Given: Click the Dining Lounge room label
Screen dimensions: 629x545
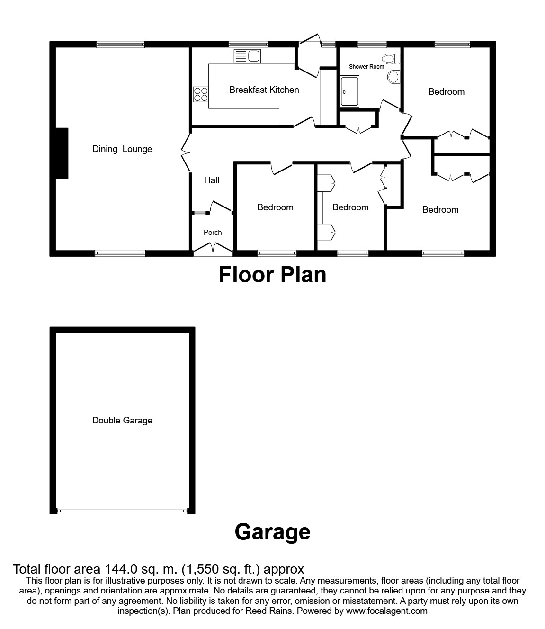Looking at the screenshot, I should (122, 149).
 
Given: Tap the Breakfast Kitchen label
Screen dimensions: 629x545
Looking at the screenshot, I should (264, 90).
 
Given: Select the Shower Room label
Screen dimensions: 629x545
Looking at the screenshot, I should (366, 67).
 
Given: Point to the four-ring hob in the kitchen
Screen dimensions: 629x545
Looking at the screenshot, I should (200, 94).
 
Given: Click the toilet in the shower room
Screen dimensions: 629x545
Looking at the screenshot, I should (392, 59).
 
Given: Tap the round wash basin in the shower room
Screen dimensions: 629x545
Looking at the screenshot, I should (393, 77).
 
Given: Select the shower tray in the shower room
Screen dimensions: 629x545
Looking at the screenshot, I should (350, 92).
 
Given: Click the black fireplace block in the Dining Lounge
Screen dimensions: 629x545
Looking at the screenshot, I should (62, 153).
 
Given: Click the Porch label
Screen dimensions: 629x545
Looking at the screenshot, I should (213, 233).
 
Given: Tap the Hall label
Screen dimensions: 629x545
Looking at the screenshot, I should (212, 180).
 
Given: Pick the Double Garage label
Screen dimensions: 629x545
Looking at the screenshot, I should (122, 421).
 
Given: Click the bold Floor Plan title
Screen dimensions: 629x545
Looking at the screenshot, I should (272, 275).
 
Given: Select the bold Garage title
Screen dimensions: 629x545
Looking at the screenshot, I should (272, 531).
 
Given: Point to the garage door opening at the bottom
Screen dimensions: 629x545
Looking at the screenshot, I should (122, 511).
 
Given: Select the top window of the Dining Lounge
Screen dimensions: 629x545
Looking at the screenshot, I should (120, 45).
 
